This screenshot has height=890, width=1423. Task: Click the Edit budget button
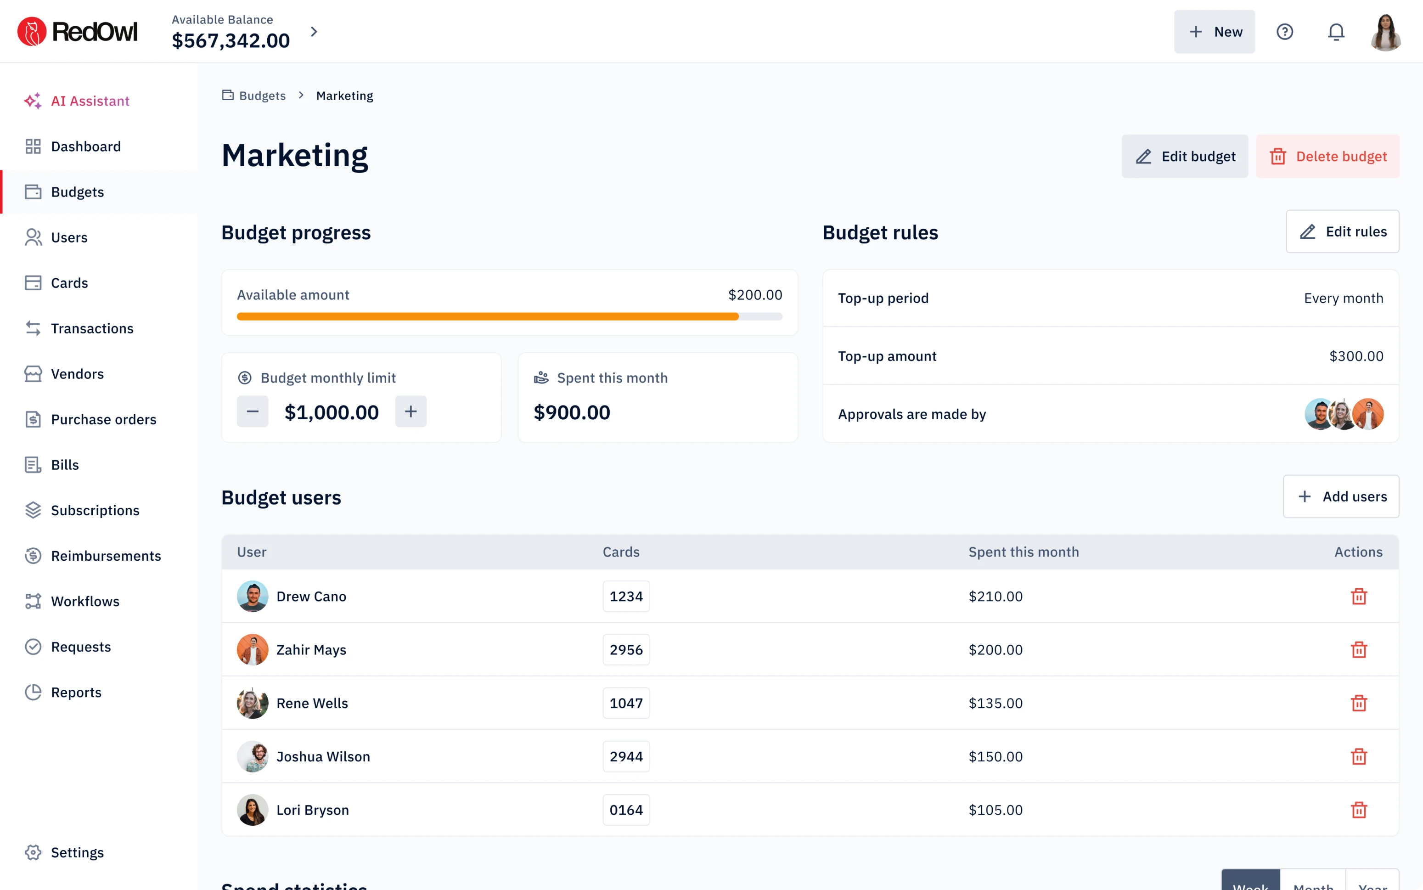[1184, 157]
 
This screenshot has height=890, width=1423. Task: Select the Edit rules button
[1342, 232]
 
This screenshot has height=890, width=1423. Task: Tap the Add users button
[1341, 497]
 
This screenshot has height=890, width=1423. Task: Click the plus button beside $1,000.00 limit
[411, 411]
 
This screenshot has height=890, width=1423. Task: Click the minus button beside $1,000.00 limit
[253, 411]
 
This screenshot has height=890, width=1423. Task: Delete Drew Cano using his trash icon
[1358, 596]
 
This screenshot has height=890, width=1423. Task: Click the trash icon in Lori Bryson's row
[1358, 810]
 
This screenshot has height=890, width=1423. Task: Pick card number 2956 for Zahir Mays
[625, 650]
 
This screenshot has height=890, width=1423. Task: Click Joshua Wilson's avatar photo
[253, 756]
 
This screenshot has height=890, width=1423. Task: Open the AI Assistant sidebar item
[90, 101]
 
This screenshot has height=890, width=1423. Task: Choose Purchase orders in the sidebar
[104, 420]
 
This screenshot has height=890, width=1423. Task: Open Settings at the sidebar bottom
[77, 853]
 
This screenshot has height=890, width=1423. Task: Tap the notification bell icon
[1336, 32]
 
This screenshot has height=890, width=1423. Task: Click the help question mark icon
[1284, 32]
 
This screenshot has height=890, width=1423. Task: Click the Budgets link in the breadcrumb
[262, 96]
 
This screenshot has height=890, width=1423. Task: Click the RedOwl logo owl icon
[32, 32]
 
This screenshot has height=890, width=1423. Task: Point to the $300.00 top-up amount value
[1356, 356]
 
